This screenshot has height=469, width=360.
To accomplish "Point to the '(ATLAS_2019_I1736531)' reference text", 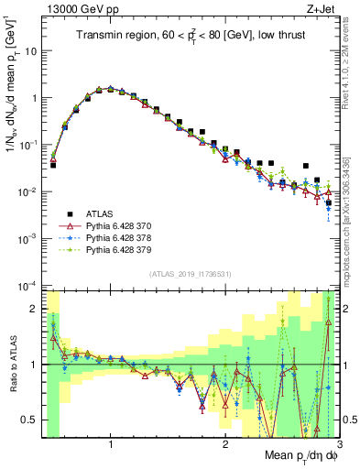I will click(190, 274).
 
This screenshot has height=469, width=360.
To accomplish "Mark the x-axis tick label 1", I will click(111, 445).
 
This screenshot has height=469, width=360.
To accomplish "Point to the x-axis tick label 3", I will click(338, 445).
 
